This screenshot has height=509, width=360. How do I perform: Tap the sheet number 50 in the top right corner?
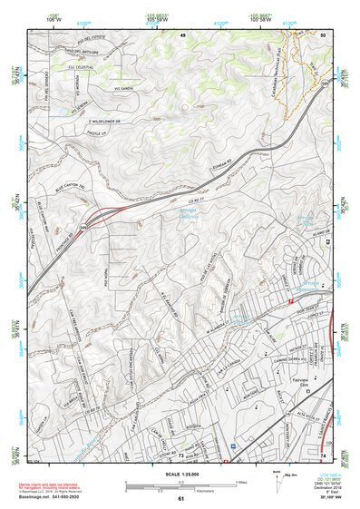[323, 34]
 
